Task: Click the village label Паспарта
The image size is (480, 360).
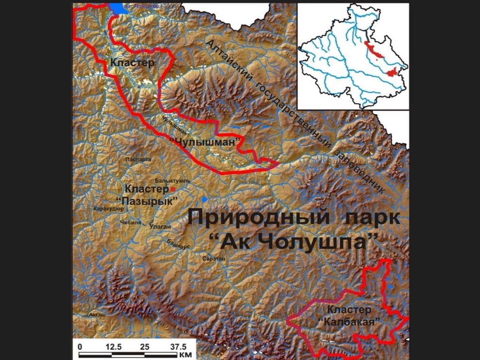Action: pyautogui.click(x=138, y=159)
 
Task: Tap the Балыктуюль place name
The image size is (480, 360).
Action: pyautogui.click(x=176, y=180)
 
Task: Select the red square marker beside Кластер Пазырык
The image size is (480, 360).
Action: pyautogui.click(x=172, y=188)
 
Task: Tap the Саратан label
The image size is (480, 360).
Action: pyautogui.click(x=215, y=259)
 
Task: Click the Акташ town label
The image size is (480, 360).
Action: pyautogui.click(x=97, y=315)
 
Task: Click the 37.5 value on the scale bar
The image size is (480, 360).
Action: pyautogui.click(x=177, y=347)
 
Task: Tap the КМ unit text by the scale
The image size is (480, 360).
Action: pyautogui.click(x=186, y=355)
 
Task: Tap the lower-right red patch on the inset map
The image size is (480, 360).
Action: pyautogui.click(x=393, y=73)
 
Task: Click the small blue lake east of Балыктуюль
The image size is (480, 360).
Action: pyautogui.click(x=205, y=199)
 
